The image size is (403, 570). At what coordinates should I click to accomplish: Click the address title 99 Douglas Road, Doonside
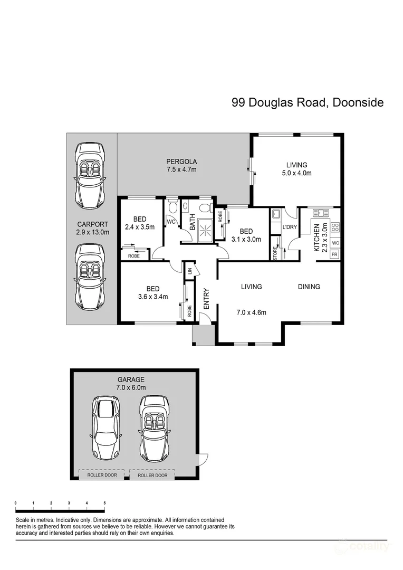(308, 102)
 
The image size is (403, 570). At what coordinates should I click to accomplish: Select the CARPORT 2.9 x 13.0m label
(92, 227)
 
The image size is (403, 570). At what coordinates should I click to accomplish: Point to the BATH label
(193, 224)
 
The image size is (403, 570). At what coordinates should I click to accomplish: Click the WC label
(171, 222)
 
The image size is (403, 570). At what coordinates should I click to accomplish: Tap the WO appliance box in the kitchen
(335, 243)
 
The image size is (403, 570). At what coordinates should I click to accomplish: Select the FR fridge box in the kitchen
(335, 254)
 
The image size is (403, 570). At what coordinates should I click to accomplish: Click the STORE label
(275, 252)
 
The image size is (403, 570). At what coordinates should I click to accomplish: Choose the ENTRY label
(206, 298)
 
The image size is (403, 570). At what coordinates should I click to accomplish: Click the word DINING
(309, 287)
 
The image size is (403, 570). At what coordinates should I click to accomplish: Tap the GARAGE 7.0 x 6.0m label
(131, 383)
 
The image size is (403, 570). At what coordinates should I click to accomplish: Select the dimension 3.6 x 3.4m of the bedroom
(153, 297)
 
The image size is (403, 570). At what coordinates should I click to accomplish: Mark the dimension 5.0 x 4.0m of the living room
(296, 173)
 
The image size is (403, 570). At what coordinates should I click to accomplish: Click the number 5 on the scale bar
(104, 503)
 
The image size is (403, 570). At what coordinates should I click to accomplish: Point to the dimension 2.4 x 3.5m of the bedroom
(139, 227)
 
